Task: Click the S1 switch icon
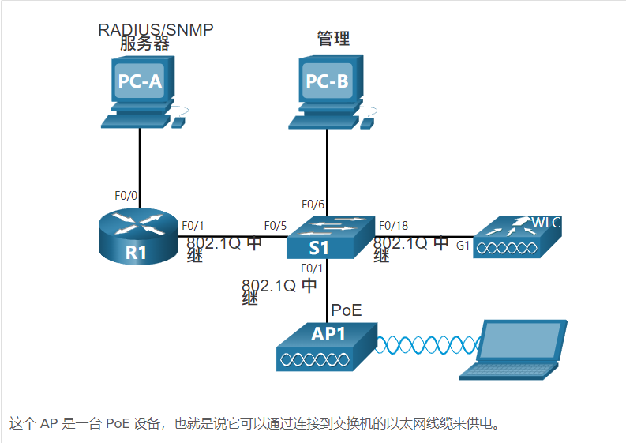tap(328, 236)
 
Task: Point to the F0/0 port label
tap(127, 195)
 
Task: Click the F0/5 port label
tap(276, 224)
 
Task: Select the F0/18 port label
tap(395, 224)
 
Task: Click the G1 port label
tap(463, 246)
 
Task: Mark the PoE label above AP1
tap(347, 308)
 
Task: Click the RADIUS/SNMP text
tap(156, 30)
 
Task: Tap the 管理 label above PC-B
tap(333, 38)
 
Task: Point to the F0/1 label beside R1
tap(193, 224)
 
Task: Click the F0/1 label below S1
tap(313, 268)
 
